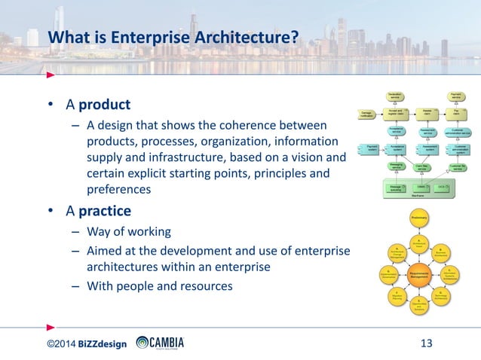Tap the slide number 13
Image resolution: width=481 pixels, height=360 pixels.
[x=425, y=344]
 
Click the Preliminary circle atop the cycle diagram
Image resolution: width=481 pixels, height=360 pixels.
[x=419, y=218]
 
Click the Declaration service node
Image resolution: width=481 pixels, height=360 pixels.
[x=394, y=96]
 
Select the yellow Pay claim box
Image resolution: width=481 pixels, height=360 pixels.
[x=457, y=114]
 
